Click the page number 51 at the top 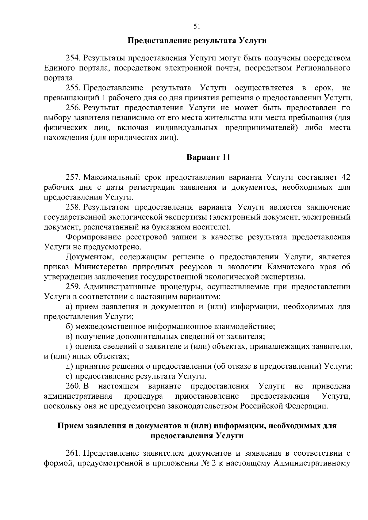click(x=197, y=27)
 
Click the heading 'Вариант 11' click(x=208, y=158)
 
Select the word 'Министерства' click(x=100, y=267)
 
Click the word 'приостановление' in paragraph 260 click(x=207, y=396)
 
